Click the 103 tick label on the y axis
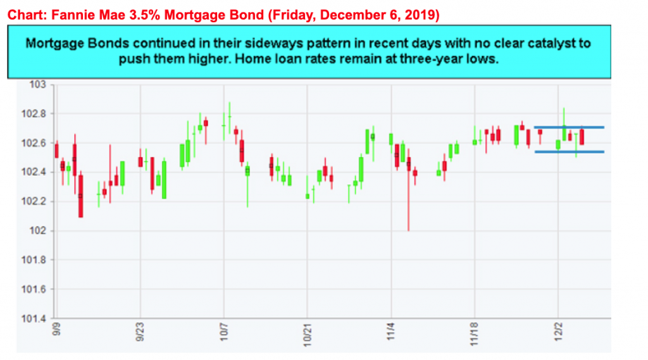point(40,84)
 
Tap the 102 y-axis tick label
point(41,230)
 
